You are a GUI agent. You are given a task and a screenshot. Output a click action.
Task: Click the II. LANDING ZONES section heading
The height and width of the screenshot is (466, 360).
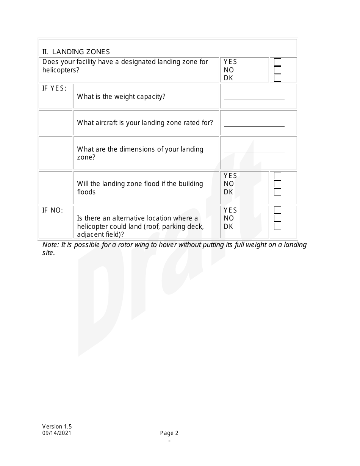pyautogui.click(x=76, y=52)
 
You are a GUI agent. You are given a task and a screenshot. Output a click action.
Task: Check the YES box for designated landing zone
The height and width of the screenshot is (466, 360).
pyautogui.click(x=277, y=62)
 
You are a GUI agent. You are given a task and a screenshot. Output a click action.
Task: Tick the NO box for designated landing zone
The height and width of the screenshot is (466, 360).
pyautogui.click(x=277, y=70)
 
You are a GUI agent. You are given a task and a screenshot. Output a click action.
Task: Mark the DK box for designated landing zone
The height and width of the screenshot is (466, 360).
pyautogui.click(x=277, y=78)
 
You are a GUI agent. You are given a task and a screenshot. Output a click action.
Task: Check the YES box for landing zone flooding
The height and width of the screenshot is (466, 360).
pyautogui.click(x=277, y=176)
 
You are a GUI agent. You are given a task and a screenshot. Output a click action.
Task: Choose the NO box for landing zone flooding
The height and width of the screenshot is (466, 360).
pyautogui.click(x=277, y=184)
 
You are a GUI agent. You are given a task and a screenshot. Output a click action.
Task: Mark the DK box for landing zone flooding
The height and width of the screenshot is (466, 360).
pyautogui.click(x=277, y=192)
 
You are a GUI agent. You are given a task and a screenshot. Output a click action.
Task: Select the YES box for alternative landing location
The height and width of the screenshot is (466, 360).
pyautogui.click(x=277, y=210)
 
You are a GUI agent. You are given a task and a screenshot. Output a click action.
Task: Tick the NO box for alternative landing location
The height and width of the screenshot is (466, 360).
pyautogui.click(x=277, y=218)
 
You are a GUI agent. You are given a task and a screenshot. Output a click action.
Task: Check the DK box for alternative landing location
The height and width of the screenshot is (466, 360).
pyautogui.click(x=277, y=227)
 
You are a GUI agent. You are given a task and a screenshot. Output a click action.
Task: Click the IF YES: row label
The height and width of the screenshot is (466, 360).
pyautogui.click(x=54, y=88)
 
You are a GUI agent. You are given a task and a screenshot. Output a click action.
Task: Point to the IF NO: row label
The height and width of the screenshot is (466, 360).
pyautogui.click(x=52, y=210)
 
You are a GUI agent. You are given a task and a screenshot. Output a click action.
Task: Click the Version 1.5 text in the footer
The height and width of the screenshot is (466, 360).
pyautogui.click(x=57, y=427)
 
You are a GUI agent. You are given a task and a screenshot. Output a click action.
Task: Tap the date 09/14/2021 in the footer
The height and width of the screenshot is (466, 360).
pyautogui.click(x=56, y=433)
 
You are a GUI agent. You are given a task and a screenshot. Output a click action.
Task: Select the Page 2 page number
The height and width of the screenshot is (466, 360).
pyautogui.click(x=169, y=433)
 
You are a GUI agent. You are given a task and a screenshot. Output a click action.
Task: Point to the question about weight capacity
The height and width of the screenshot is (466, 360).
pyautogui.click(x=121, y=97)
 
